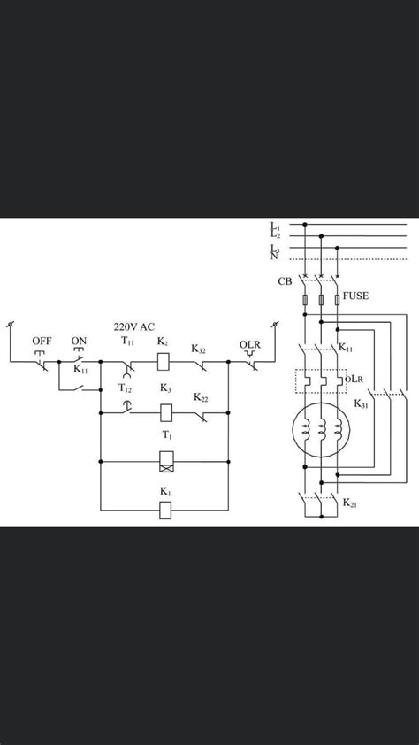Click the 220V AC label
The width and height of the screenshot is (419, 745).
[x=133, y=326]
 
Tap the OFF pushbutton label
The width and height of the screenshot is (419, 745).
[x=42, y=342]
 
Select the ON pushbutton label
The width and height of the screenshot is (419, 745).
[x=79, y=342]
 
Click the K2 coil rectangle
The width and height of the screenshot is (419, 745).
[x=164, y=362]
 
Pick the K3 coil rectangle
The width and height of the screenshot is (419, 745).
[x=166, y=412]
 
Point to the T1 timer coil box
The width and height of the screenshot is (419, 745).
[x=166, y=461]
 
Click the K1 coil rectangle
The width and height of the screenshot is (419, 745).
[x=165, y=510]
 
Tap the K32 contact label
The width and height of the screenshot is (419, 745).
[x=198, y=349]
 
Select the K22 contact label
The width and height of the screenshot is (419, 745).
[x=201, y=398]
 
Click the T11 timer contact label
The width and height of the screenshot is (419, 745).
[x=127, y=342]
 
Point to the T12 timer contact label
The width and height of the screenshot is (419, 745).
[x=125, y=388]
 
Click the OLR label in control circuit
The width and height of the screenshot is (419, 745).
[x=249, y=344]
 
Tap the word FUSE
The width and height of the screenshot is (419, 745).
[x=355, y=296]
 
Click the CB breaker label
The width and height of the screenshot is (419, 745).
[x=285, y=281]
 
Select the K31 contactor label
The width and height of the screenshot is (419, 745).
[x=362, y=404]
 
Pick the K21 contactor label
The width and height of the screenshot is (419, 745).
[x=350, y=503]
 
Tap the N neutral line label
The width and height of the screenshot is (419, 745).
[x=274, y=257]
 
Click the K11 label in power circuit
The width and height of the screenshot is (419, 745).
[x=346, y=349]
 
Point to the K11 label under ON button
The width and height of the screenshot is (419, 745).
[x=80, y=370]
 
